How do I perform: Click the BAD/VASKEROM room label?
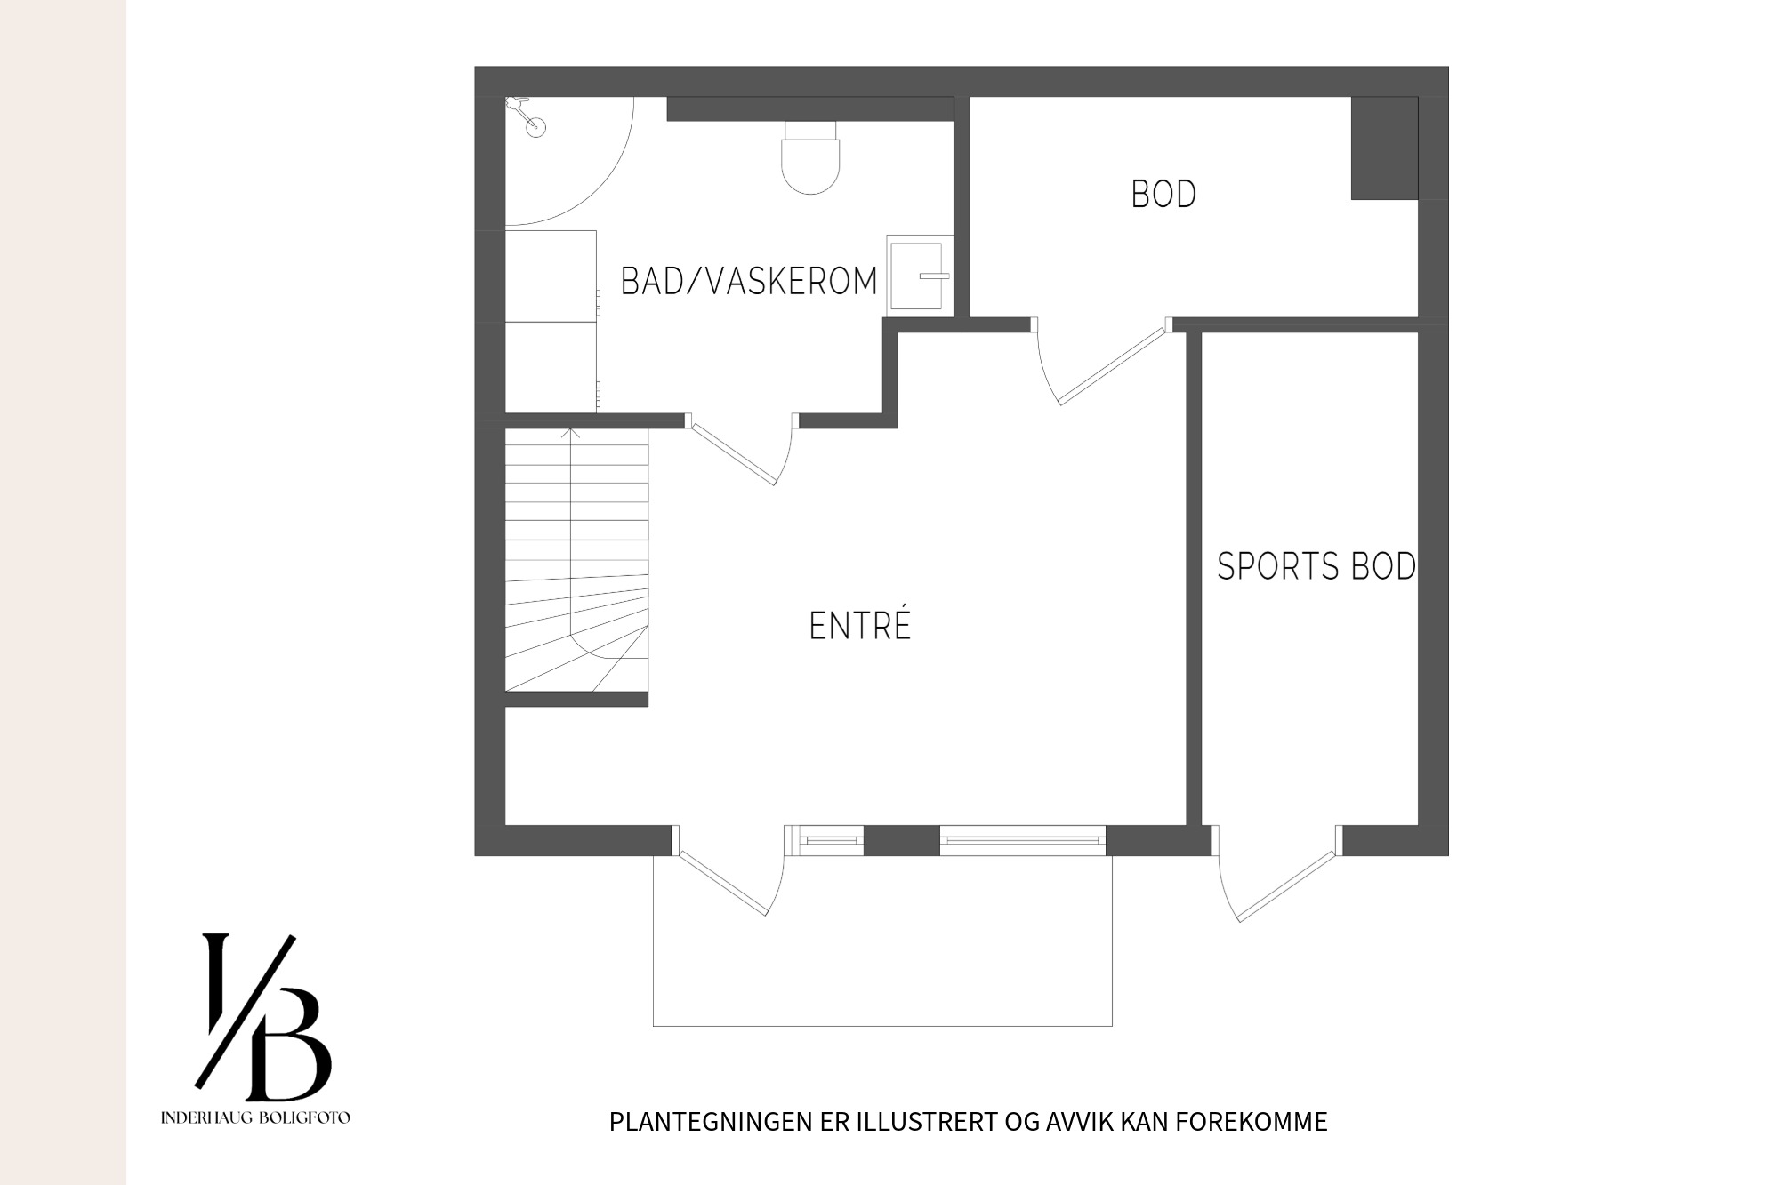point(749,281)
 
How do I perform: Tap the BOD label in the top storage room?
point(1163,195)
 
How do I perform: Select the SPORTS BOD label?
point(1316,566)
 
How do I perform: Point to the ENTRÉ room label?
point(860,624)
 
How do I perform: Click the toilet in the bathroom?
point(810,157)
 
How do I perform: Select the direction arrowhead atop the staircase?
point(570,433)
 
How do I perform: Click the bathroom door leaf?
point(734,453)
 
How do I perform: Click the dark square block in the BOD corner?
point(1384,148)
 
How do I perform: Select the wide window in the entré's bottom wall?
point(1023,840)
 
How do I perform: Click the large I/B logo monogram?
point(263,1016)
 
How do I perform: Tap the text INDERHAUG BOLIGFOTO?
point(255,1117)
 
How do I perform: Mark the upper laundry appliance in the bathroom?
point(551,276)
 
